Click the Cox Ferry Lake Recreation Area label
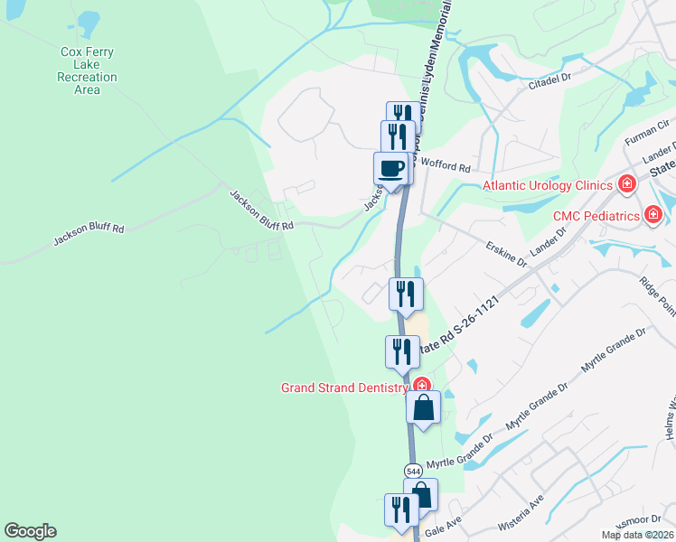tap(88, 70)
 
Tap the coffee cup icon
tap(390, 169)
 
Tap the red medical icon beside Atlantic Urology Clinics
tap(626, 185)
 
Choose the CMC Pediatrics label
tap(596, 215)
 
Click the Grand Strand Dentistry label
tap(344, 388)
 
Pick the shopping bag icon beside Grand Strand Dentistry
tap(423, 408)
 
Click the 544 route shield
tap(413, 472)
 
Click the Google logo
tap(30, 531)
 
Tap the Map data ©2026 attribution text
tap(636, 535)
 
